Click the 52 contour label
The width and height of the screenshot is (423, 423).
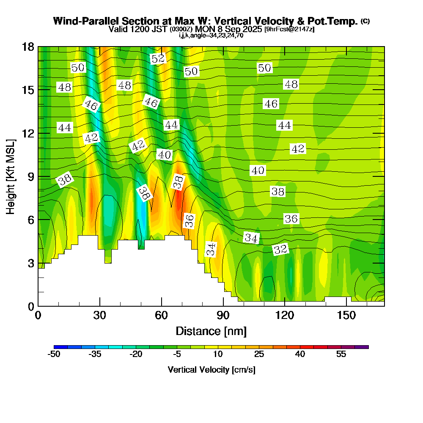click(158, 59)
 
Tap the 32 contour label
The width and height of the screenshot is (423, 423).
click(280, 250)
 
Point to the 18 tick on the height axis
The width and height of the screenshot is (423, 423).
click(28, 47)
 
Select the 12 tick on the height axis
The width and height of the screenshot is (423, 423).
click(28, 133)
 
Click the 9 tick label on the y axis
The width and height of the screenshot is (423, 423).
click(31, 176)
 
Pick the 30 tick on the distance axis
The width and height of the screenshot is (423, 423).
click(100, 316)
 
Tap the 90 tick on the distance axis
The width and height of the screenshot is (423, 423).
click(223, 316)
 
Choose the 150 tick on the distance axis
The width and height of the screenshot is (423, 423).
click(346, 316)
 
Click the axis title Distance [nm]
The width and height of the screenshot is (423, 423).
click(211, 330)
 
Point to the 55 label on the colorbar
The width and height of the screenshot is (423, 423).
click(341, 354)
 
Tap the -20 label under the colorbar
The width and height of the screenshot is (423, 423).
click(136, 354)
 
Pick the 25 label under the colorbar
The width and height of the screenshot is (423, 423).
click(259, 354)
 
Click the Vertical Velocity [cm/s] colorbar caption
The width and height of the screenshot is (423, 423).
click(211, 370)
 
